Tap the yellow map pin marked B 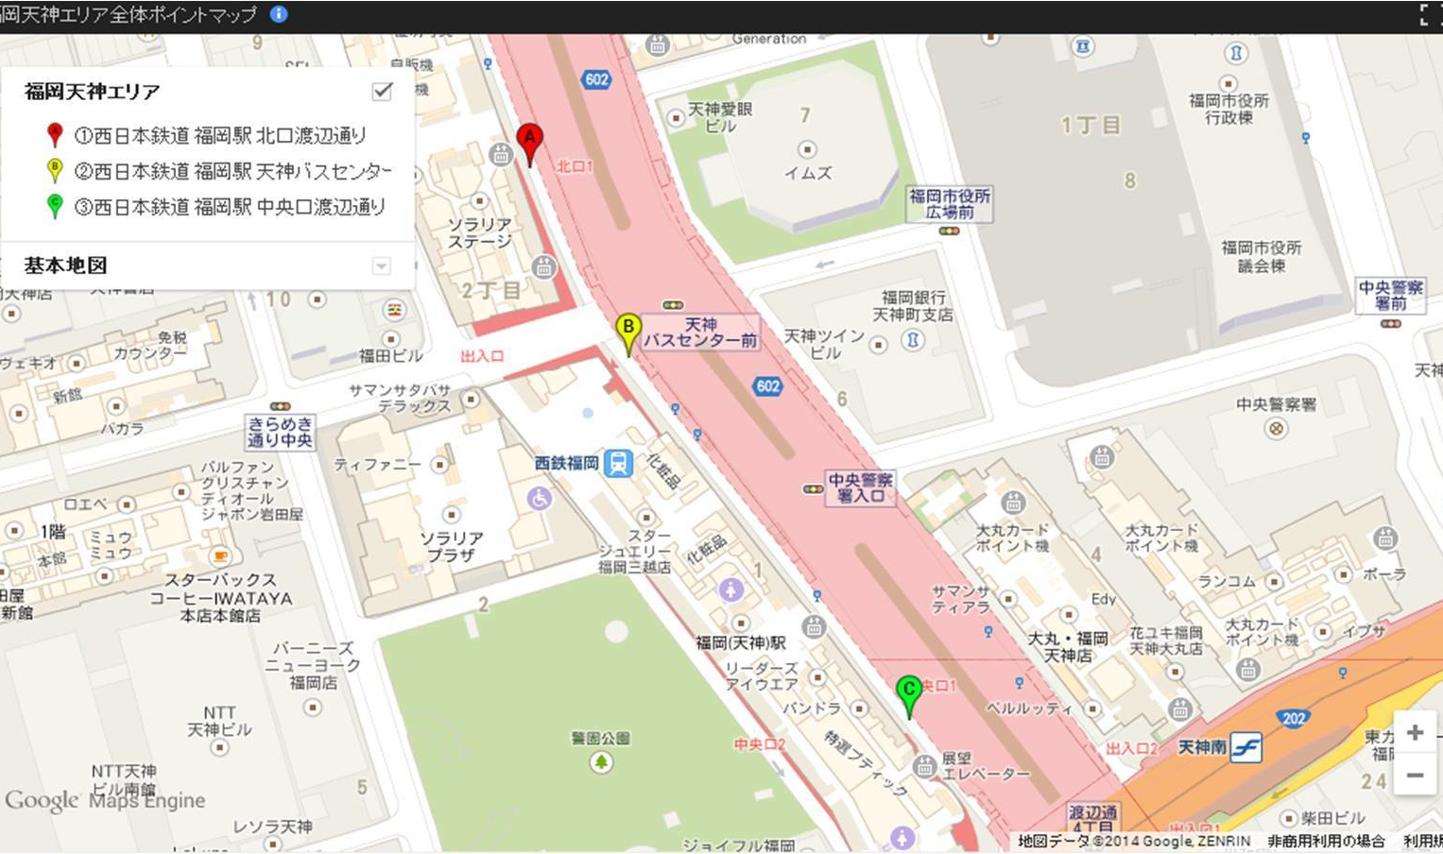(x=627, y=331)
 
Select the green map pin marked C (x=908, y=692)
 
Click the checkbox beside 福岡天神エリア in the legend (x=382, y=91)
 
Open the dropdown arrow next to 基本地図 (x=381, y=265)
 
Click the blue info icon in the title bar (x=279, y=14)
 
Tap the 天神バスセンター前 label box (x=700, y=333)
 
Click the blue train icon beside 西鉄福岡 (x=618, y=463)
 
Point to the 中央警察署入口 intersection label (x=860, y=487)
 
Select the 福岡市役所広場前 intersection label (x=950, y=203)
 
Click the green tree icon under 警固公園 (x=601, y=761)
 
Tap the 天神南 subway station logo (x=1245, y=748)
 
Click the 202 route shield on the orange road (x=1294, y=718)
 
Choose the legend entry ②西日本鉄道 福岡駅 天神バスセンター (x=232, y=171)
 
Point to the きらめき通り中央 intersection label (x=280, y=432)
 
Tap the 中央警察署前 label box (x=1390, y=295)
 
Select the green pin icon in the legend (x=55, y=205)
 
